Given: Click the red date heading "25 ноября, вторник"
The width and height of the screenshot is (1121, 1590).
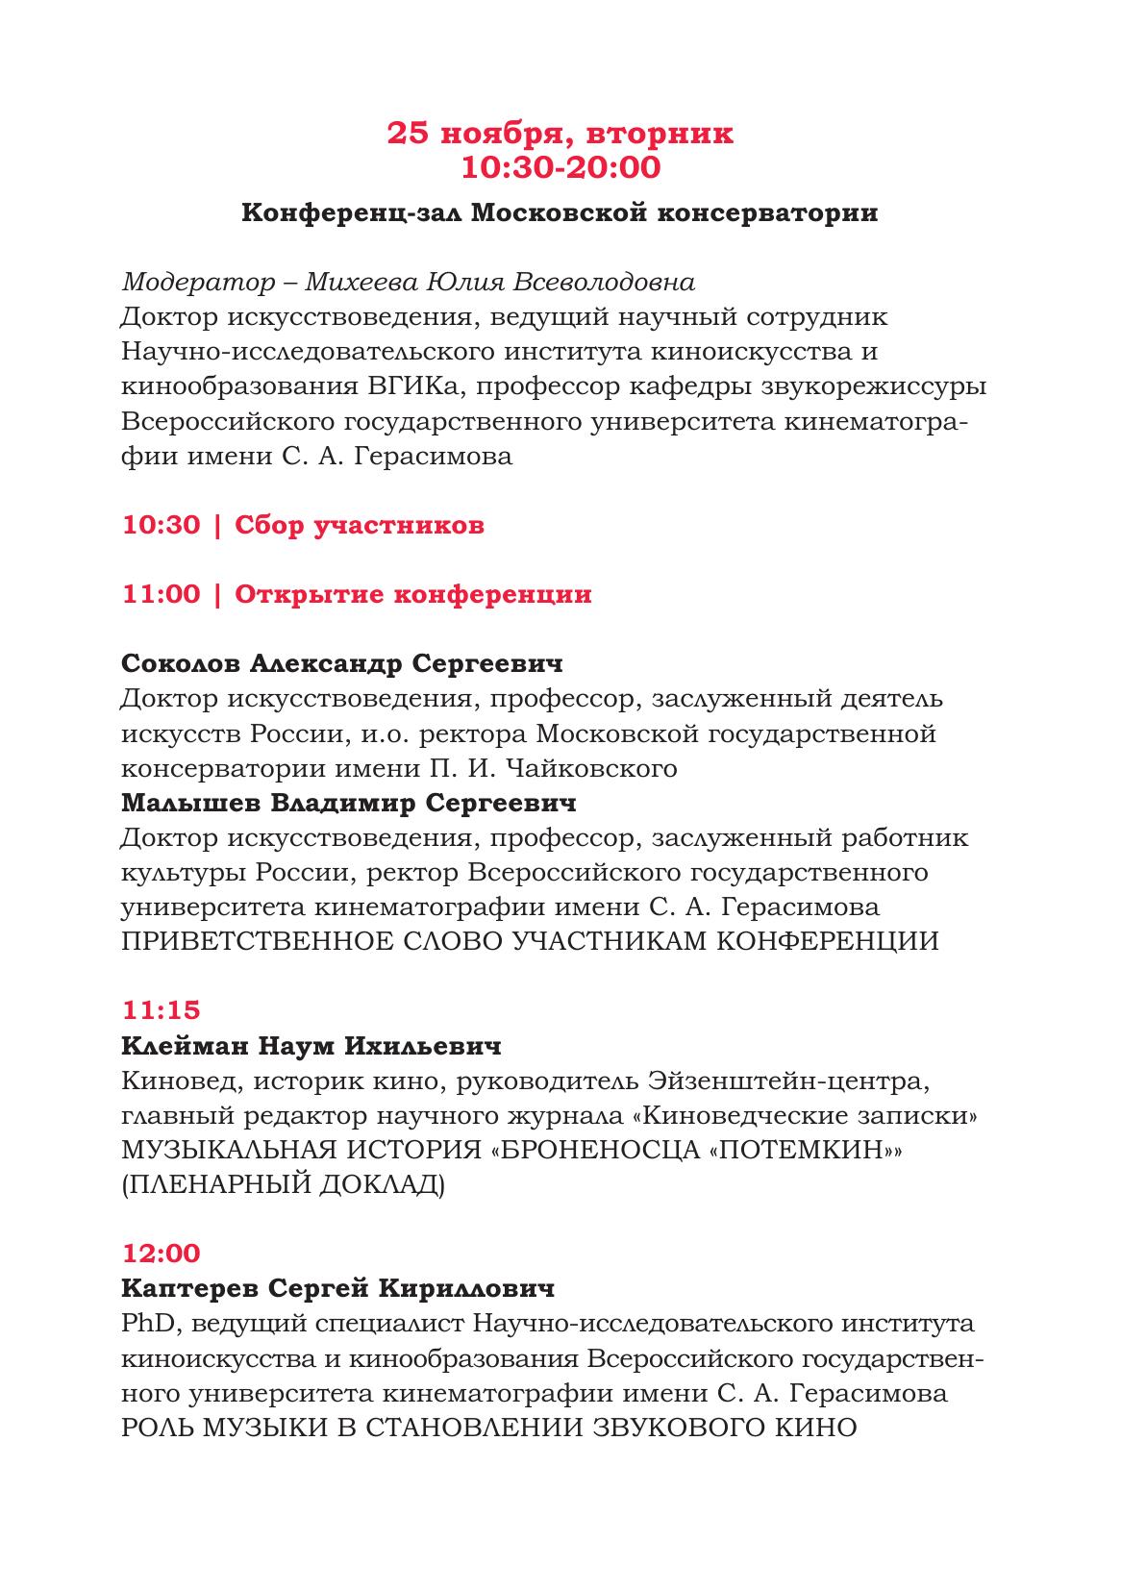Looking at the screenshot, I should tap(560, 134).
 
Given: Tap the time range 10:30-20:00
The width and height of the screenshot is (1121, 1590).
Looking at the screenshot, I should tap(560, 167).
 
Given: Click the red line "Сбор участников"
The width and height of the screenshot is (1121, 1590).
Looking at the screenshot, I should tap(360, 526).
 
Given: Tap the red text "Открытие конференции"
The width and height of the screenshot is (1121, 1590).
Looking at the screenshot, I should tap(413, 595).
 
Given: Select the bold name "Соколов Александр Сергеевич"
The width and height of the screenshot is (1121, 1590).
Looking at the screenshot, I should tap(342, 664).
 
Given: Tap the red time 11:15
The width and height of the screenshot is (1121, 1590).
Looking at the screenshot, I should tap(161, 1010).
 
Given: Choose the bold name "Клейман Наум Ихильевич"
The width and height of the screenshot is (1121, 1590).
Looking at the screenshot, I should tap(311, 1046).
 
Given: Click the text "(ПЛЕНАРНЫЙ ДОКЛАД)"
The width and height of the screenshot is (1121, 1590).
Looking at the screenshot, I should tap(284, 1185).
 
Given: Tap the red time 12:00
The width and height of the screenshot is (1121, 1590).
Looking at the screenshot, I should tap(162, 1254).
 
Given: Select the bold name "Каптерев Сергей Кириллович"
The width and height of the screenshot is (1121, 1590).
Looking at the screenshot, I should tap(338, 1289).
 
